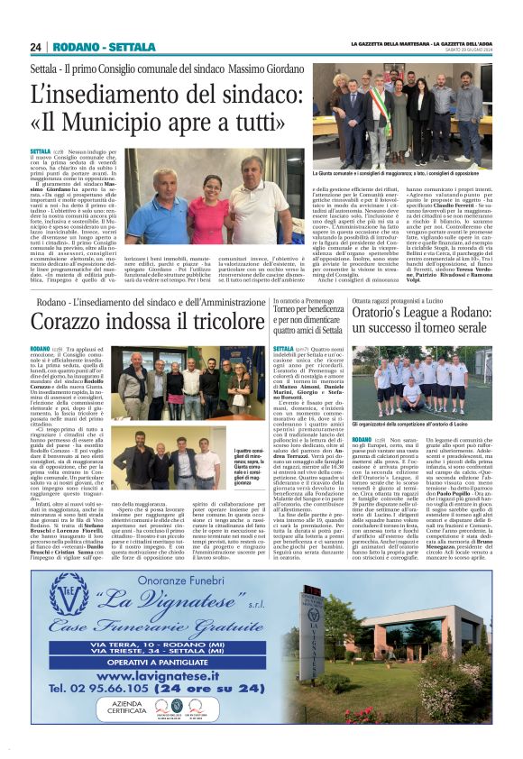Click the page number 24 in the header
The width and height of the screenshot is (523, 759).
pyautogui.click(x=35, y=47)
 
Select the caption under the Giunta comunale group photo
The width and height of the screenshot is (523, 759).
pyautogui.click(x=420, y=172)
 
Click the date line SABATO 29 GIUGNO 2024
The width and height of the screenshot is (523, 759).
pyautogui.click(x=469, y=50)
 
